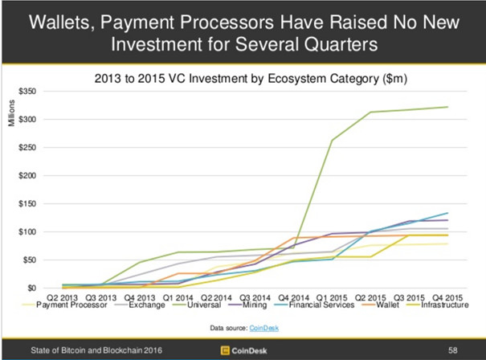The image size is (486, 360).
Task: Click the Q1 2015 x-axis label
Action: (335, 297)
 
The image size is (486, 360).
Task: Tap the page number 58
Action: (453, 351)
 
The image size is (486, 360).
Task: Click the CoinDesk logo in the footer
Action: (243, 351)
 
